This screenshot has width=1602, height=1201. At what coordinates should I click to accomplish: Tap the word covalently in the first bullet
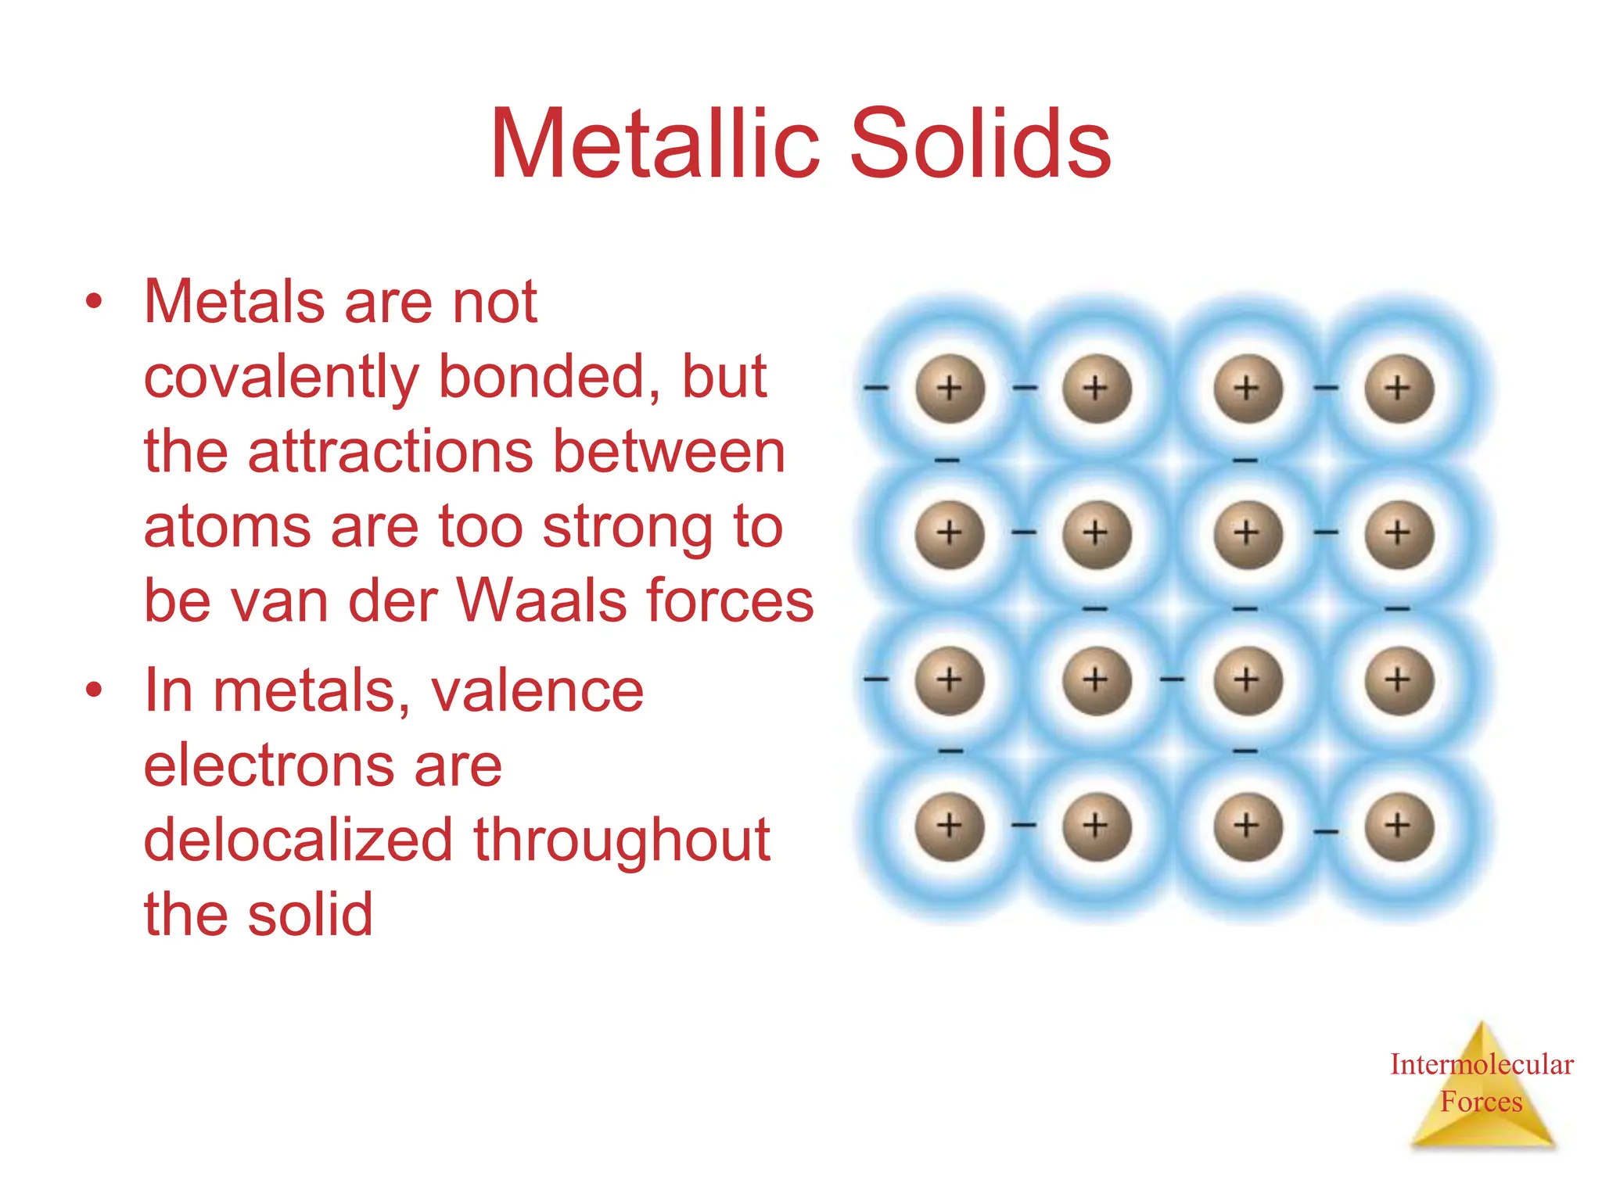tap(282, 378)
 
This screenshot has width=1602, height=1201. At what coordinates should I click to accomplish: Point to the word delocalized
tap(298, 840)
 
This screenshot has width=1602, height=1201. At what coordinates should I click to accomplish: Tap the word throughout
tap(622, 840)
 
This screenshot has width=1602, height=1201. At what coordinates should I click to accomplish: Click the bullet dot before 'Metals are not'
tap(94, 302)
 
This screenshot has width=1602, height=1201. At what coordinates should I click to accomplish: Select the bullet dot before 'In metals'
tap(94, 690)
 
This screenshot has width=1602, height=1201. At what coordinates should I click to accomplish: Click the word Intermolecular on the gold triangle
tap(1481, 1064)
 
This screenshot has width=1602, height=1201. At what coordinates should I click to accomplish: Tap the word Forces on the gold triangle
tap(1481, 1102)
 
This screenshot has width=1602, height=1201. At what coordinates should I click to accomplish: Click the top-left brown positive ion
tap(949, 389)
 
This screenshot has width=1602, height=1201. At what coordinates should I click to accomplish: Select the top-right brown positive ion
tap(1399, 389)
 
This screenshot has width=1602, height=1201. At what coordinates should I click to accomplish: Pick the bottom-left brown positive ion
tap(949, 826)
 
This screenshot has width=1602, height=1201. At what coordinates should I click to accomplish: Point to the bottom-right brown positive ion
tap(1399, 826)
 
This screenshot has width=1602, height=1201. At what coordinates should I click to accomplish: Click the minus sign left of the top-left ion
tap(876, 387)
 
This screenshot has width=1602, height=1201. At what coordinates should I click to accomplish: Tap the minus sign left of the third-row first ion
tap(876, 679)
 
